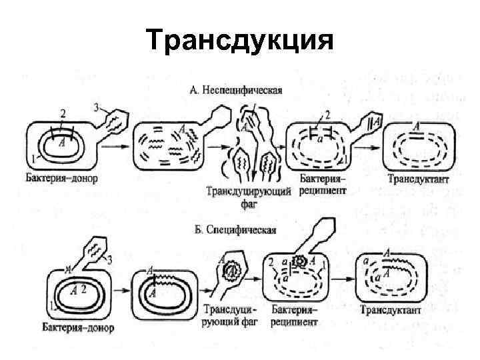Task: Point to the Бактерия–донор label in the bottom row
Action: [78, 327]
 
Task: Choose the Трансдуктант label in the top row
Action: [418, 179]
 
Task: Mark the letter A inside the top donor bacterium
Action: [61, 141]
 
